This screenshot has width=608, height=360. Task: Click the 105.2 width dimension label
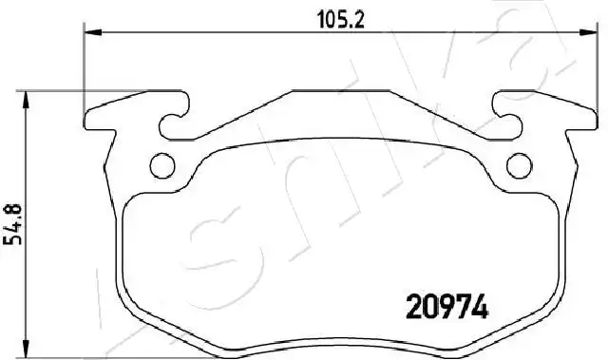[x=341, y=20]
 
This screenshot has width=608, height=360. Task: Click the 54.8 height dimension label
[x=12, y=225]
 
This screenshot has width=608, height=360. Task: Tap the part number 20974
[x=446, y=306]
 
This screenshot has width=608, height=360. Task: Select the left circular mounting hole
[x=162, y=166]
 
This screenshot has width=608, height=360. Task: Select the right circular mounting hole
[x=520, y=166]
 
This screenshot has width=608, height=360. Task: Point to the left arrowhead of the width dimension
[x=93, y=32]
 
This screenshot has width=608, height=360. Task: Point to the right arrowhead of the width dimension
[x=588, y=32]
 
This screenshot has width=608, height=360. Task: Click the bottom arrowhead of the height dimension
[x=26, y=349]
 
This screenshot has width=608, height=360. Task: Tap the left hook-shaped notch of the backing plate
[x=175, y=120]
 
